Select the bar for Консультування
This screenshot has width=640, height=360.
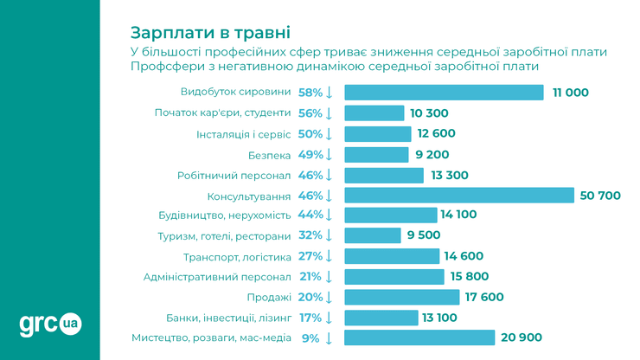[459, 196]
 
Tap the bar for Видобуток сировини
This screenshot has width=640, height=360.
[444, 93]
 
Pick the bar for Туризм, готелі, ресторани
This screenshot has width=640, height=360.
[373, 235]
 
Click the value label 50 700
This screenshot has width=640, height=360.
[600, 196]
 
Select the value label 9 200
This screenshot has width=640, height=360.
[432, 155]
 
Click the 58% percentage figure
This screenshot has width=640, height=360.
[310, 93]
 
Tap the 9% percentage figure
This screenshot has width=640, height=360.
[311, 337]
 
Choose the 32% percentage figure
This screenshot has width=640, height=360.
[310, 235]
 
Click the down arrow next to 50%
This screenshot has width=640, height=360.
[329, 134]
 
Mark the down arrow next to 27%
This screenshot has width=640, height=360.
[329, 256]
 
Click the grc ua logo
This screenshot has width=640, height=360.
[50, 324]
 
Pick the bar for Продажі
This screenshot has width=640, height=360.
[401, 297]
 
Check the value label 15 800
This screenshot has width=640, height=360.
[470, 277]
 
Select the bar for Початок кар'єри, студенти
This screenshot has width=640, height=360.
[374, 113]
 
